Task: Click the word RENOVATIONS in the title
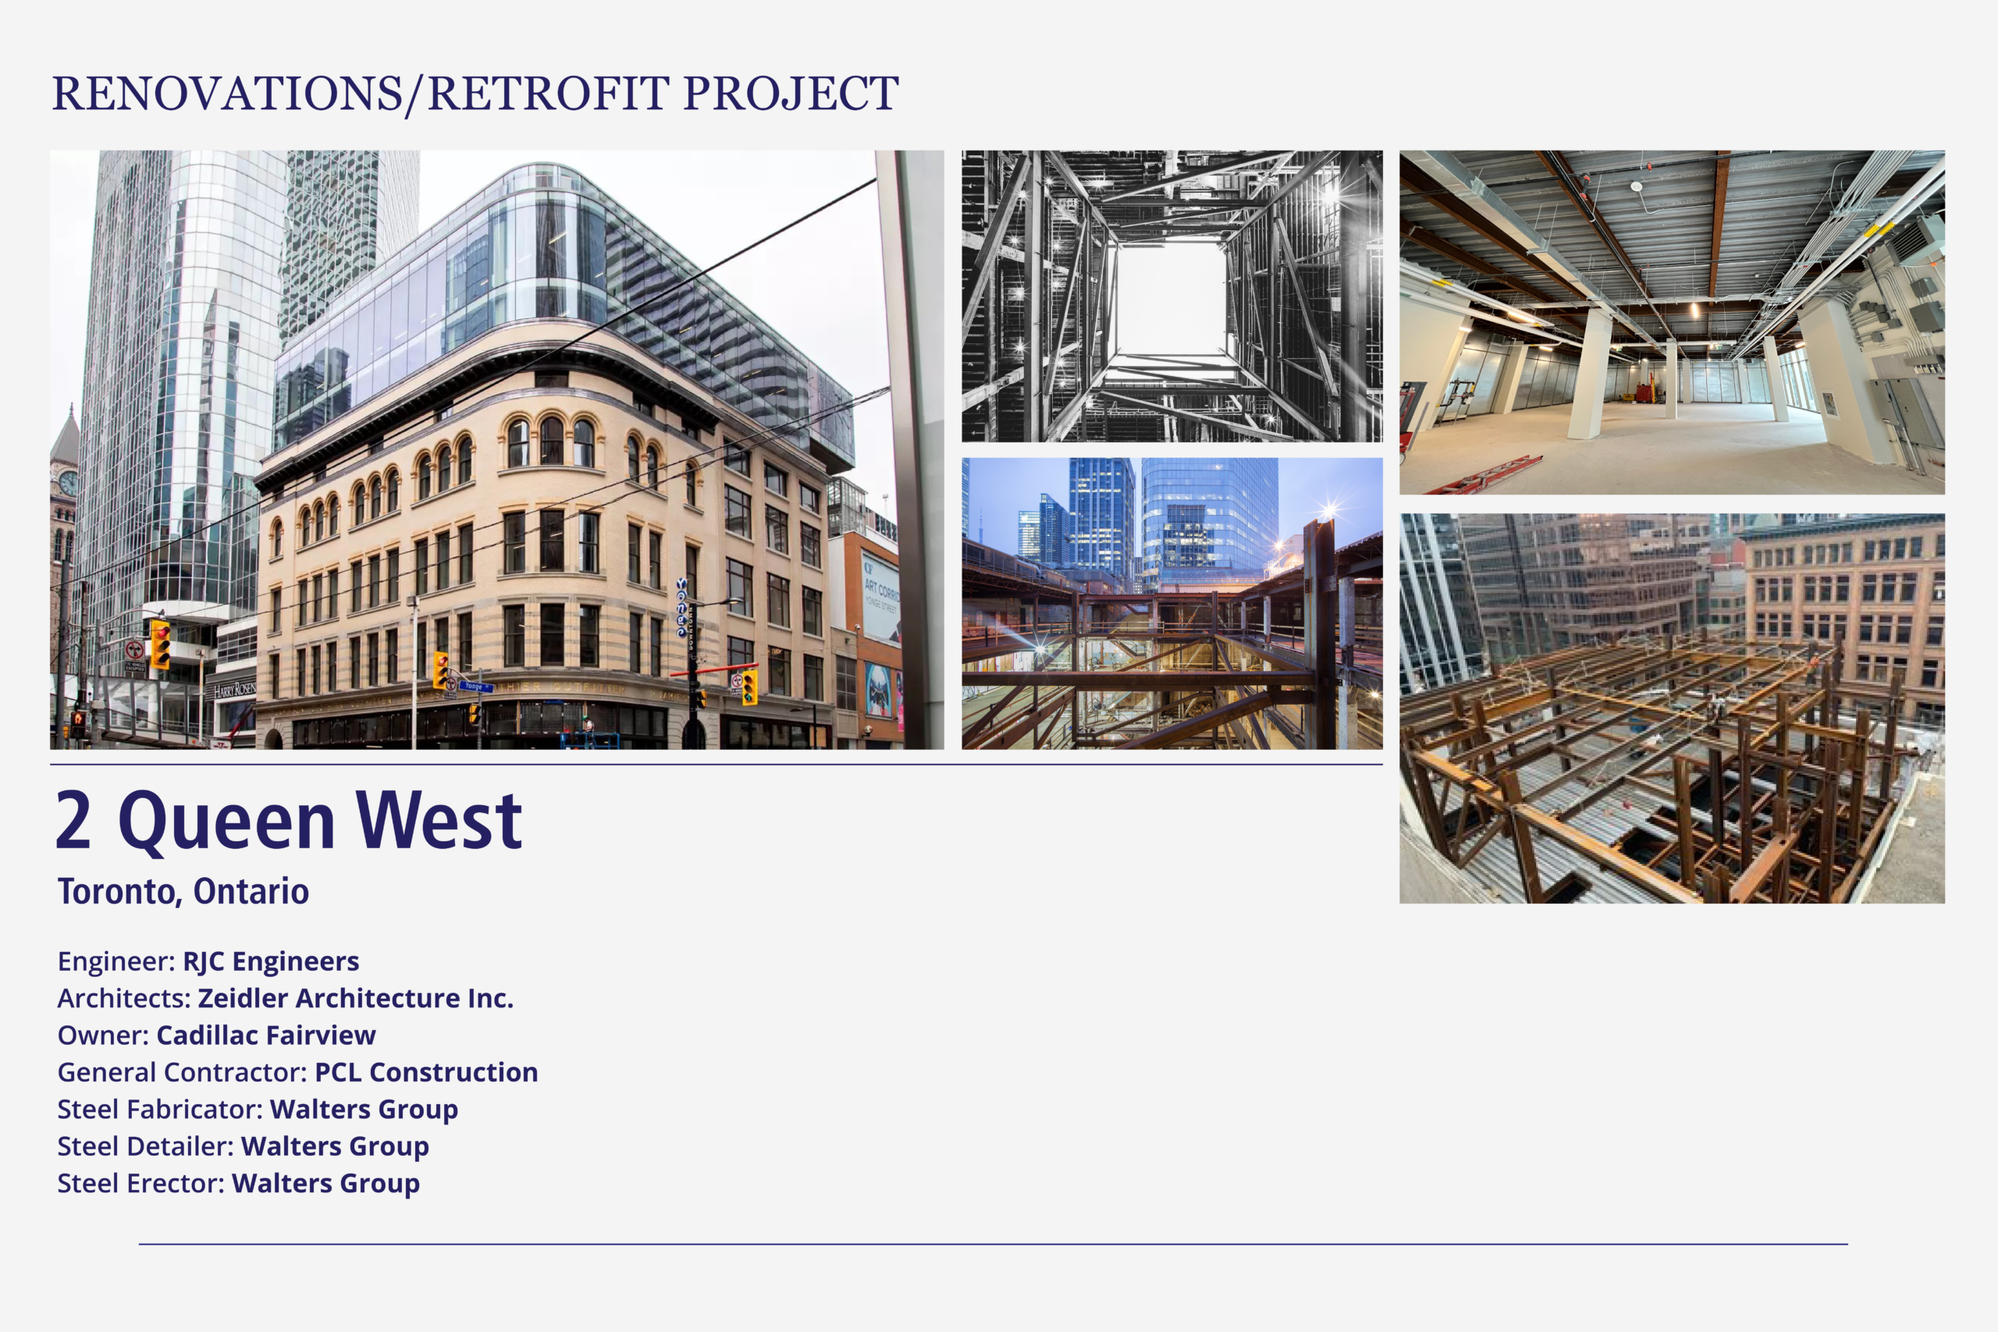pyautogui.click(x=227, y=94)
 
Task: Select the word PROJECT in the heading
pyautogui.click(x=791, y=94)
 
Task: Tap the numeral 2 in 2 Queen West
pyautogui.click(x=73, y=820)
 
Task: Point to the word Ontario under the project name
pyautogui.click(x=251, y=892)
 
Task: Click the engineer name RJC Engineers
pyautogui.click(x=271, y=961)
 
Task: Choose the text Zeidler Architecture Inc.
pyautogui.click(x=356, y=998)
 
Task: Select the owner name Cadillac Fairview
pyautogui.click(x=266, y=1035)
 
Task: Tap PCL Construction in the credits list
pyautogui.click(x=426, y=1072)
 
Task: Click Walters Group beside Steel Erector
pyautogui.click(x=326, y=1183)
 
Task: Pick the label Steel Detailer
pyautogui.click(x=145, y=1147)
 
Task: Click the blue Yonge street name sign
pyautogui.click(x=476, y=687)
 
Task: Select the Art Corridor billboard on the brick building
pyautogui.click(x=880, y=595)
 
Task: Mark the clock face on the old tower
pyautogui.click(x=68, y=482)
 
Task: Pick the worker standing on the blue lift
pyautogui.click(x=588, y=727)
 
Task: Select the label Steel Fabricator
pyautogui.click(x=160, y=1110)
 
